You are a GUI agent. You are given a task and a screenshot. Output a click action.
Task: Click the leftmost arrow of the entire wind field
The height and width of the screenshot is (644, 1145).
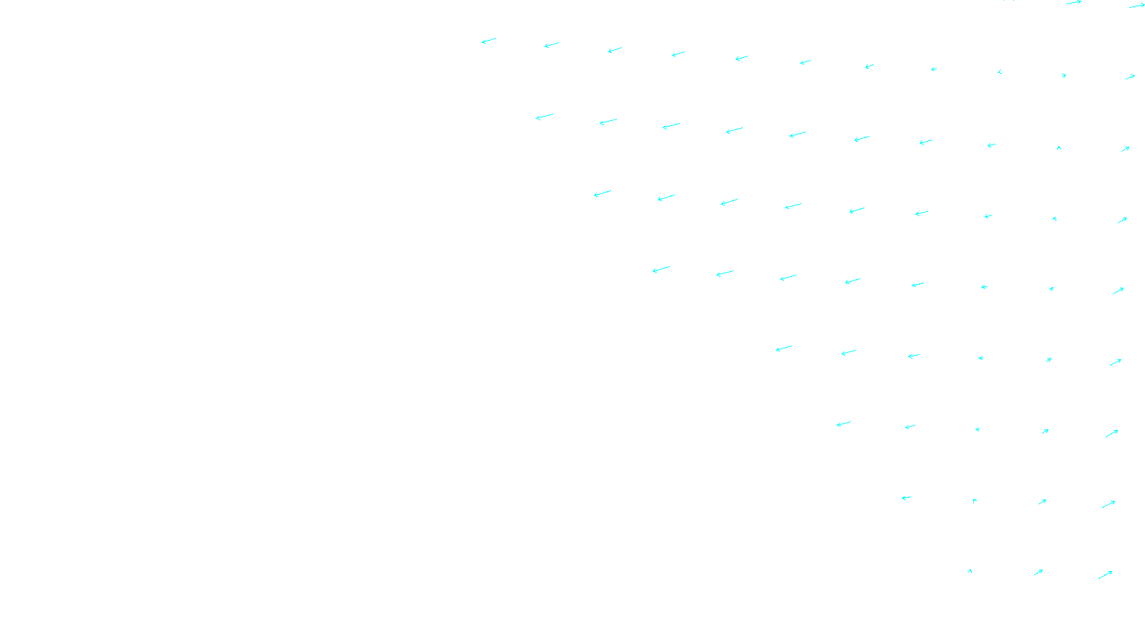489,41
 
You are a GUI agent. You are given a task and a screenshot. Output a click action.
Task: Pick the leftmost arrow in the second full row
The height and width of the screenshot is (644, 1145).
545,117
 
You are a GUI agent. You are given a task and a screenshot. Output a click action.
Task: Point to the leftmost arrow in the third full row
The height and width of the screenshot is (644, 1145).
603,193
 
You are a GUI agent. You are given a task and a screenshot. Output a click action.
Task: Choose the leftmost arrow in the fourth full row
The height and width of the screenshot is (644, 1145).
661,269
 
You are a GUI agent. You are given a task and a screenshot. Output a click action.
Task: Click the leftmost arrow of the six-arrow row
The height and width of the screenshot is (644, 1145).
784,348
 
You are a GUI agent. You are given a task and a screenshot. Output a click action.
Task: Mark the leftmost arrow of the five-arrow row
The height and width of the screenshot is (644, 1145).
844,424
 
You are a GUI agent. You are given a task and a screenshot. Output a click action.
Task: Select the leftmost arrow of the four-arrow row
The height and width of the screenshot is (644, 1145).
906,498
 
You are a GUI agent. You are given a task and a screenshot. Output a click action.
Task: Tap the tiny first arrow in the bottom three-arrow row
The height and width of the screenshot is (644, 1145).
970,571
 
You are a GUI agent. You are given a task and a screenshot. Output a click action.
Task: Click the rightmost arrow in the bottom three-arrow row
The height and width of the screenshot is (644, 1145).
1106,575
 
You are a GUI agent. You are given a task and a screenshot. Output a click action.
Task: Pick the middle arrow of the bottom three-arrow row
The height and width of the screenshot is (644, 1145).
1038,572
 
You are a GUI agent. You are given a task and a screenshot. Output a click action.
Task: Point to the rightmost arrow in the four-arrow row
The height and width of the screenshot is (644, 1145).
1109,504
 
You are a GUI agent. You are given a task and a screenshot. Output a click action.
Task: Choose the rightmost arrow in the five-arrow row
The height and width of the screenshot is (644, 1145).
1111,434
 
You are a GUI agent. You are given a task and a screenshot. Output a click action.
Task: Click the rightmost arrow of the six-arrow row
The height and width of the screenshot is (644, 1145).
1116,362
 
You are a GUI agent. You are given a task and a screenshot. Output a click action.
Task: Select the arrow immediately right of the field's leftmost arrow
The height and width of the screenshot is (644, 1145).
551,45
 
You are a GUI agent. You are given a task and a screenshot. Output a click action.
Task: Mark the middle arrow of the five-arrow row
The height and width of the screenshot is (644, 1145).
978,429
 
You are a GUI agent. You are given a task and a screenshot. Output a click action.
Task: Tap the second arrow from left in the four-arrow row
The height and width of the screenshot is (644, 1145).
975,501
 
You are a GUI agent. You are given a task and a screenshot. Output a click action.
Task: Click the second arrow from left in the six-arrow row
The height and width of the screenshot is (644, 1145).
848,352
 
